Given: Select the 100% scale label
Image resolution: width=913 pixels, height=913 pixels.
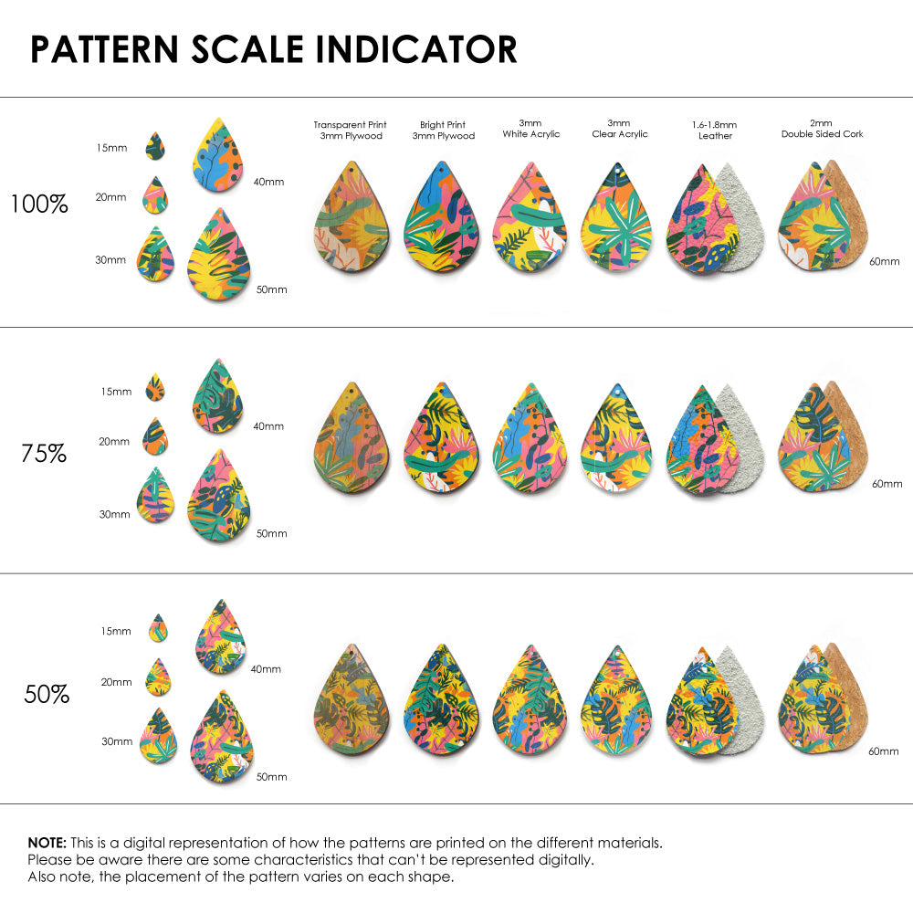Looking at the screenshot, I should click(x=39, y=205).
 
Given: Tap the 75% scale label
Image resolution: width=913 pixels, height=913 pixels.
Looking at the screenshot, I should click(x=44, y=453).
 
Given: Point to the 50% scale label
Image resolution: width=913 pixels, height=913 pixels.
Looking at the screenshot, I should click(x=47, y=695).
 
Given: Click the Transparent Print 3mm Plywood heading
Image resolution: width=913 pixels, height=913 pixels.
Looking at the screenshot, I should click(x=351, y=131).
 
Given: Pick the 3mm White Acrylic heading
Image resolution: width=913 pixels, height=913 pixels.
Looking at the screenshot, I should click(x=531, y=129).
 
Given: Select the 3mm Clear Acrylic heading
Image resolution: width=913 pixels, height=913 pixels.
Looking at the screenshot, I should click(x=619, y=129).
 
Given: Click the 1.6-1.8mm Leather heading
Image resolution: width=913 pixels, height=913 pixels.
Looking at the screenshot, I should click(x=715, y=131).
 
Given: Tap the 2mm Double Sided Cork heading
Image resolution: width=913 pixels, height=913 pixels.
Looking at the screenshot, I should click(x=822, y=129).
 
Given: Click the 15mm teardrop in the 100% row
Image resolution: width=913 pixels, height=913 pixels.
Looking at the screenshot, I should click(x=154, y=145).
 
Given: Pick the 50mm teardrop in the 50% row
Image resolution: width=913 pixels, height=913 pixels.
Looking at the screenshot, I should click(x=222, y=737).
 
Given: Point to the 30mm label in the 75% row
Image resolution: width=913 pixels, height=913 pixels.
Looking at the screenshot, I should click(x=114, y=514).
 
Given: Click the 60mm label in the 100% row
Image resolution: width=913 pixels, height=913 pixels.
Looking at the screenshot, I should click(x=884, y=261).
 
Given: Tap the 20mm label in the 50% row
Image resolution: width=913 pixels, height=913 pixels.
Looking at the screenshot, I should click(x=117, y=682).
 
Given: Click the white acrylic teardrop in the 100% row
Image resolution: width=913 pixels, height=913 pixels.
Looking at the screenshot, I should click(x=530, y=219).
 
